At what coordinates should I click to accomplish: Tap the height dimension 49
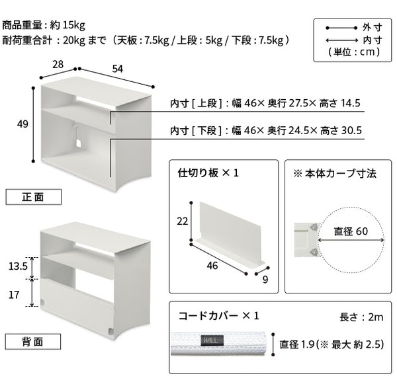[x=22, y=124]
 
